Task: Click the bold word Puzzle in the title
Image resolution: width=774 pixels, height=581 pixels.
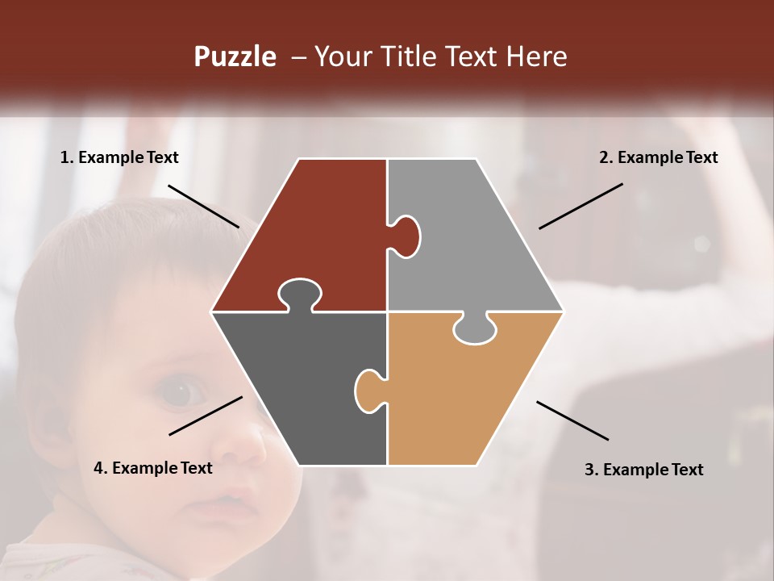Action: click(235, 57)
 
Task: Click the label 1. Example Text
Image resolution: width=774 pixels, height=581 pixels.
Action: click(119, 158)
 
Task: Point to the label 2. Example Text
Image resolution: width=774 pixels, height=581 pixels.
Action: click(658, 158)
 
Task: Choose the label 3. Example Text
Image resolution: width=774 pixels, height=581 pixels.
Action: click(643, 470)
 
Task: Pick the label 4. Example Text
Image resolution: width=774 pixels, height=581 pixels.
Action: click(153, 468)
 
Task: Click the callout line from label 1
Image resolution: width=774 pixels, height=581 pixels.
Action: click(203, 206)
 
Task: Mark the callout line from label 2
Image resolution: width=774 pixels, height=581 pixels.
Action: click(580, 206)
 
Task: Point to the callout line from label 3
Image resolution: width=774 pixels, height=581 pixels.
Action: click(572, 420)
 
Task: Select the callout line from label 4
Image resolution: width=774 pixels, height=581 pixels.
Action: click(206, 416)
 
